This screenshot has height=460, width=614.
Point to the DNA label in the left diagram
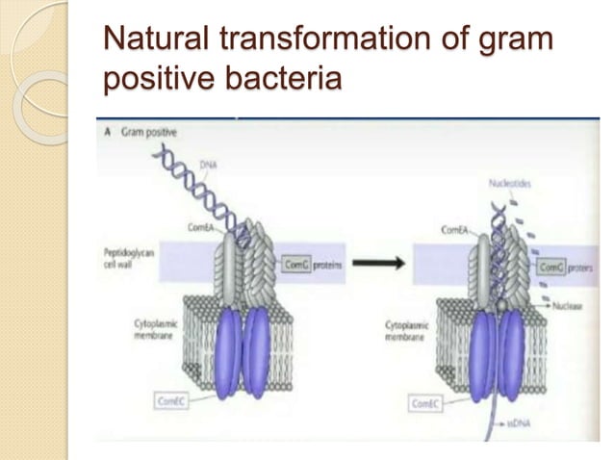(x=207, y=166)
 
